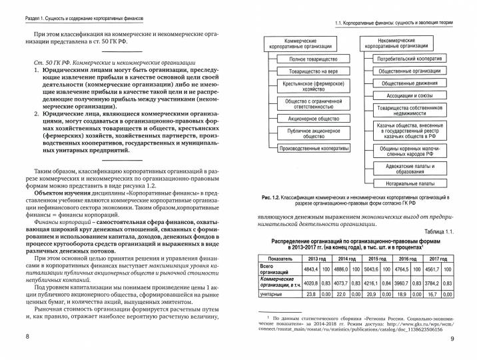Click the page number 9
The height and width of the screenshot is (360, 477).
(451, 341)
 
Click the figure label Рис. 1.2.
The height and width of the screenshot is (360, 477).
(274, 198)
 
